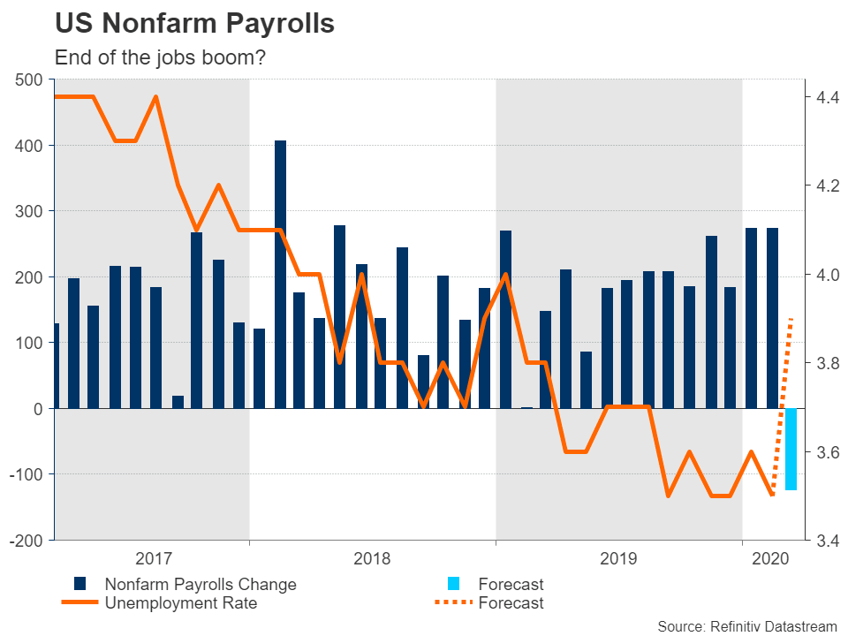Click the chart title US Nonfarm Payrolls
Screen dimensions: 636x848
194,24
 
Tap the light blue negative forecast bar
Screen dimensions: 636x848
791,449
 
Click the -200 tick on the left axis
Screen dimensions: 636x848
26,541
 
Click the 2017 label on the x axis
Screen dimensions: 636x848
154,558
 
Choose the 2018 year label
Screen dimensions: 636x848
372,558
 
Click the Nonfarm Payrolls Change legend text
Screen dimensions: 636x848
201,584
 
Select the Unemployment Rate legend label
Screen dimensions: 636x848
181,603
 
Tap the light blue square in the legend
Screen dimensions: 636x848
454,584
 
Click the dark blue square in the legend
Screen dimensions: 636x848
80,584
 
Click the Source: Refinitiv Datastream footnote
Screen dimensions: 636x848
746,626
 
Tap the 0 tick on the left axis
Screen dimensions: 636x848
39,409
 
